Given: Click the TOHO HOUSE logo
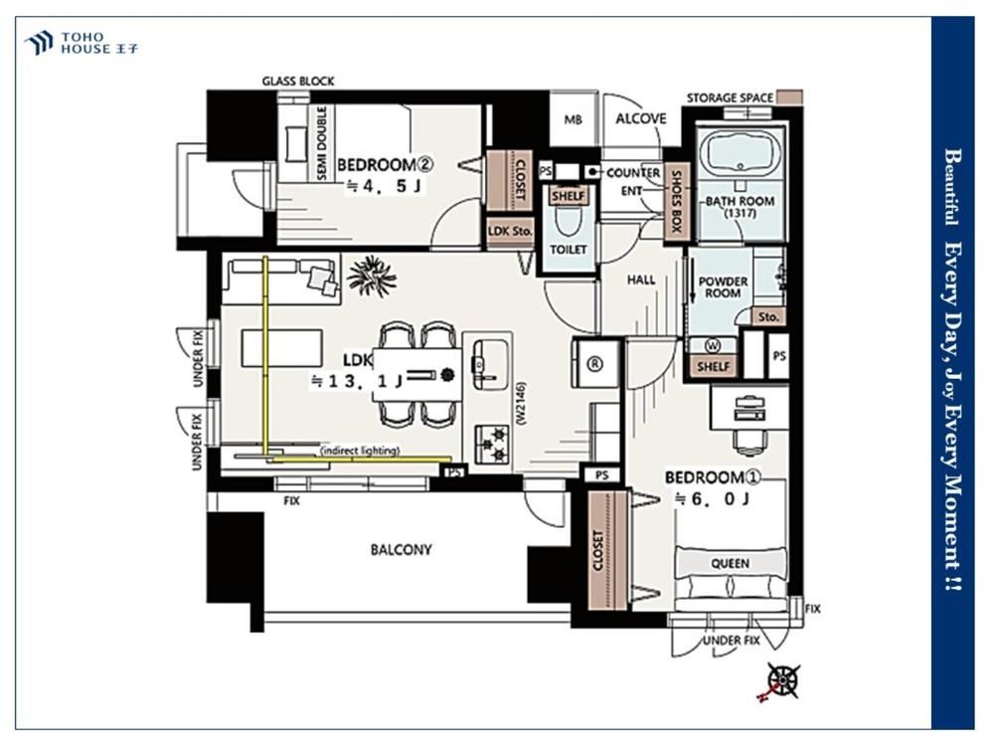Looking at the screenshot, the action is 81,43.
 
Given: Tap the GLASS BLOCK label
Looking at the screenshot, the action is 298,82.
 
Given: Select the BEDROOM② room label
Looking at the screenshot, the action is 385,165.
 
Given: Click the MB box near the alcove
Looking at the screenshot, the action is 574,119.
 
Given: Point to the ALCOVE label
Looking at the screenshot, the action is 641,118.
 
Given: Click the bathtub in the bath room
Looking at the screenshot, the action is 741,151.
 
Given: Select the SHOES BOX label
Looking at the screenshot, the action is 676,201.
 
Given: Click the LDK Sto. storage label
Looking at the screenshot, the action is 510,232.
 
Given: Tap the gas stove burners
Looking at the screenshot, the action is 492,444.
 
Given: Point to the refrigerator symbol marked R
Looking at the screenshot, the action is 594,364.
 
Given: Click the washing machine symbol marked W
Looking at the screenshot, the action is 713,346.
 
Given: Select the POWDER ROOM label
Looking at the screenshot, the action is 723,286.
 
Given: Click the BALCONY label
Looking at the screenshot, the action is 401,549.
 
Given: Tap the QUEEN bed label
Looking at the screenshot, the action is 730,563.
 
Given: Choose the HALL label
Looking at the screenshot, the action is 641,280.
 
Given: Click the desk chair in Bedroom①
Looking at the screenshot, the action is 750,439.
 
